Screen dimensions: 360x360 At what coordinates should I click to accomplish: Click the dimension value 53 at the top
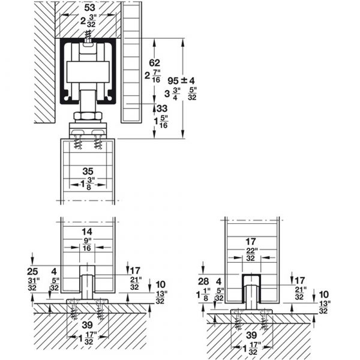(89, 8)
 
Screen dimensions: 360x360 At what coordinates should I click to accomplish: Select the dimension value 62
(154, 62)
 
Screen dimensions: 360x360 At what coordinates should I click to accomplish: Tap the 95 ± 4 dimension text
(181, 80)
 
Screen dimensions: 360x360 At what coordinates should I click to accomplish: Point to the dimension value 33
(162, 109)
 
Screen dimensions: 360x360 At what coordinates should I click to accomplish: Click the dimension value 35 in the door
(88, 171)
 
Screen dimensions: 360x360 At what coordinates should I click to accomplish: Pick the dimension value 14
(87, 232)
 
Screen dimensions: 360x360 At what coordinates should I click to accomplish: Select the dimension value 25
(32, 272)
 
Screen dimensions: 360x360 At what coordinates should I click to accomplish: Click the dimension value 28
(203, 281)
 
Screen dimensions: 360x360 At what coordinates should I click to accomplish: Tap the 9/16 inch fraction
(87, 245)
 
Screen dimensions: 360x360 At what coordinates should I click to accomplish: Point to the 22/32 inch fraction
(251, 254)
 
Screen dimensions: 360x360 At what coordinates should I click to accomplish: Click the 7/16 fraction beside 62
(156, 76)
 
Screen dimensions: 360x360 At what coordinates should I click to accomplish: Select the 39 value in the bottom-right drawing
(251, 335)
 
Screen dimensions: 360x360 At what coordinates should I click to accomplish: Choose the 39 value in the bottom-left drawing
(87, 325)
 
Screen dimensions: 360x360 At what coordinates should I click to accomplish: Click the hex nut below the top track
(88, 116)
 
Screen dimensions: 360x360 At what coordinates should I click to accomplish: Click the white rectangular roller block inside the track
(88, 71)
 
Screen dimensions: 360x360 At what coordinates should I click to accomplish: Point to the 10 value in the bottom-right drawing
(323, 295)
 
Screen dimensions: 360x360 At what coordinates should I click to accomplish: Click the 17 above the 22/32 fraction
(250, 242)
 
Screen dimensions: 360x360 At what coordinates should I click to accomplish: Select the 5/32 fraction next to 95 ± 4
(192, 94)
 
